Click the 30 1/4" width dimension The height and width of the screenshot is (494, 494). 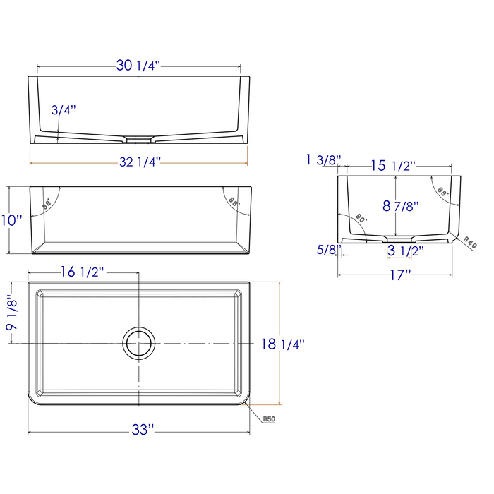[138, 66]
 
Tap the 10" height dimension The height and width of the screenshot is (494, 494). [11, 219]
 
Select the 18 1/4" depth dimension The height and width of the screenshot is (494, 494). [282, 344]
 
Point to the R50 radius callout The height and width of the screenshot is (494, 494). [268, 419]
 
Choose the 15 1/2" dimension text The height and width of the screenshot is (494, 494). [392, 167]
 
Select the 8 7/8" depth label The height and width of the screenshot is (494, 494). [401, 207]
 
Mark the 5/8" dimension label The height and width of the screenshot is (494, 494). [327, 249]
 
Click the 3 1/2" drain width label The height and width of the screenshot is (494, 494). [405, 250]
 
